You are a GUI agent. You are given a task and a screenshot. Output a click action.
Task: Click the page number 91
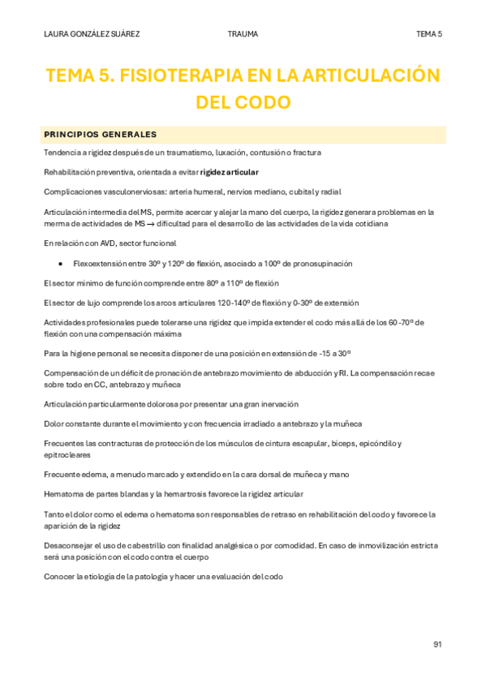tap(437, 644)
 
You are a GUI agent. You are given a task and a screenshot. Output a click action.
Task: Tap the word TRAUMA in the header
tap(243, 34)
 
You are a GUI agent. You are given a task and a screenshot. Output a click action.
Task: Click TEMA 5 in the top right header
tap(428, 34)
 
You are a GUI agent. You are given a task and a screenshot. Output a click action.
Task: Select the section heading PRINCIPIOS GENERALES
tap(100, 134)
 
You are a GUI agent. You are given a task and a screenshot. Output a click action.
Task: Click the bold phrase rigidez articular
tap(230, 172)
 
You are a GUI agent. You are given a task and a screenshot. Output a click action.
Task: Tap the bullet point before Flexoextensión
tap(62, 264)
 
